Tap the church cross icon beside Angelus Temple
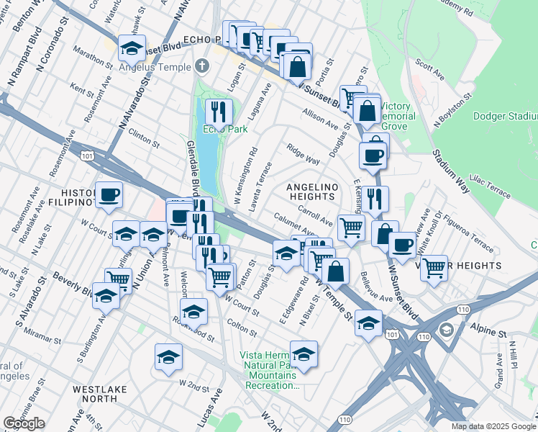(x=202, y=67)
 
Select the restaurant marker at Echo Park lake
(x=219, y=112)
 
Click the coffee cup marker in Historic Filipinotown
(x=109, y=194)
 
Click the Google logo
(x=24, y=423)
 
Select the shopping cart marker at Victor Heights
(x=434, y=268)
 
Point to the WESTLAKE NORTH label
(x=99, y=394)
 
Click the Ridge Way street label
(x=303, y=156)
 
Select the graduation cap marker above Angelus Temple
(x=132, y=48)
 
